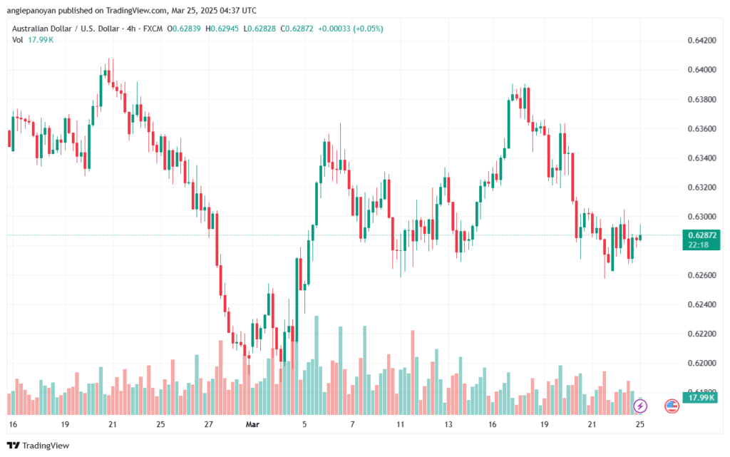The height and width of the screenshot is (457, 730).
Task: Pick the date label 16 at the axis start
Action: coord(12,424)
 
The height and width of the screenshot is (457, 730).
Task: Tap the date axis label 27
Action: coord(208,424)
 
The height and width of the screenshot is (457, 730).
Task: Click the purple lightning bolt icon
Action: coord(640,406)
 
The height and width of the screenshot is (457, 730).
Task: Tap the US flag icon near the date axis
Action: coord(671,406)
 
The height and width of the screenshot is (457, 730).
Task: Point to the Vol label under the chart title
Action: coord(18,40)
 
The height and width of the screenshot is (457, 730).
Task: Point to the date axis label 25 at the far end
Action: coord(639,424)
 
